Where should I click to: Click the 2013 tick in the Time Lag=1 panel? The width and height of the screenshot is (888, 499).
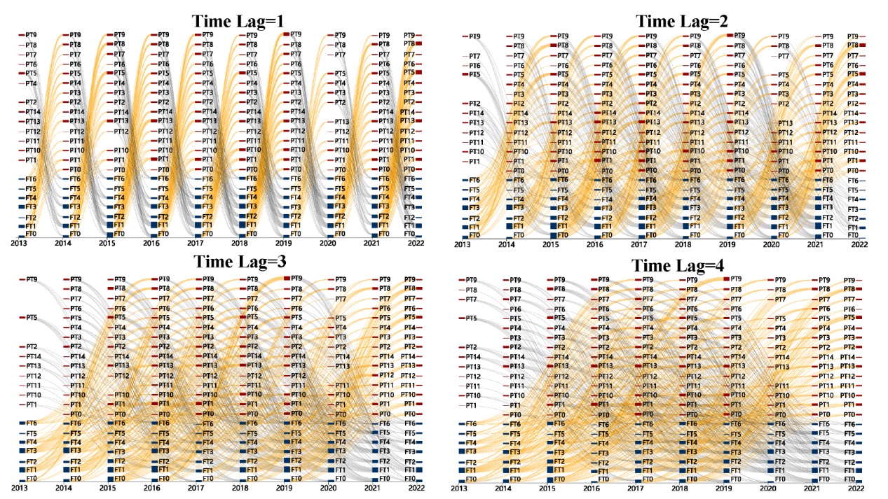coord(19,244)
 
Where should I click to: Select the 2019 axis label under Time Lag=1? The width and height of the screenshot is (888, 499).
coord(284,244)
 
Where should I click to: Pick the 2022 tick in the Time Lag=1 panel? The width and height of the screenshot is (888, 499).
coord(414,244)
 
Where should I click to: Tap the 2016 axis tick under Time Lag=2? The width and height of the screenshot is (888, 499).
coord(594,244)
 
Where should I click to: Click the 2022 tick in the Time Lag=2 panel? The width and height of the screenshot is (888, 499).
coord(859,244)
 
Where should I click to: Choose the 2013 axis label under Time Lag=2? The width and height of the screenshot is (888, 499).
coord(462,244)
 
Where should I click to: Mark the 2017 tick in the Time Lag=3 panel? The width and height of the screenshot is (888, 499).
coord(196,487)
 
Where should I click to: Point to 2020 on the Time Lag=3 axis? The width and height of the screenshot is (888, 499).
coord(328,487)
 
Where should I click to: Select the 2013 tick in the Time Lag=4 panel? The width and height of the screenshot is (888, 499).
coord(459,487)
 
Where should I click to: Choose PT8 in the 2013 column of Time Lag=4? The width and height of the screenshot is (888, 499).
coord(472,290)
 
